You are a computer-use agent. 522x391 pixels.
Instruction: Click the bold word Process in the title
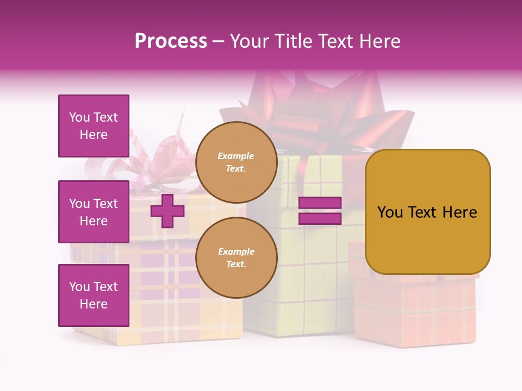click(171, 41)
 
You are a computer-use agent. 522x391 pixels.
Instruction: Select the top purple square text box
click(94, 126)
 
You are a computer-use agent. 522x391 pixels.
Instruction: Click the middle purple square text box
click(94, 212)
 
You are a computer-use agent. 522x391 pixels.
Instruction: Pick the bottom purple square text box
click(94, 295)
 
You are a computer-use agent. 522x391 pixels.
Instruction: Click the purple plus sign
click(167, 211)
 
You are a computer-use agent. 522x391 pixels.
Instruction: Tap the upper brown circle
click(237, 162)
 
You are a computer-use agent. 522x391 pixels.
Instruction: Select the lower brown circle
click(237, 257)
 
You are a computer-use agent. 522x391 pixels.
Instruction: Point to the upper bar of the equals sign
click(320, 203)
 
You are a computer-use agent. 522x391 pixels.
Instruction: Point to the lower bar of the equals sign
click(320, 218)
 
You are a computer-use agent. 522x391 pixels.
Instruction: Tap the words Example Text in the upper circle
click(236, 162)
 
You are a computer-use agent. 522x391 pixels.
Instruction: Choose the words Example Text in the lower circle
click(236, 258)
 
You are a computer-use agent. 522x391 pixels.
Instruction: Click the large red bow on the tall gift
click(326, 106)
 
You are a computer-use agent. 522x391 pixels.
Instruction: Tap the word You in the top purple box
click(79, 117)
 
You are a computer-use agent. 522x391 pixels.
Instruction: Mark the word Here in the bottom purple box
click(94, 304)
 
